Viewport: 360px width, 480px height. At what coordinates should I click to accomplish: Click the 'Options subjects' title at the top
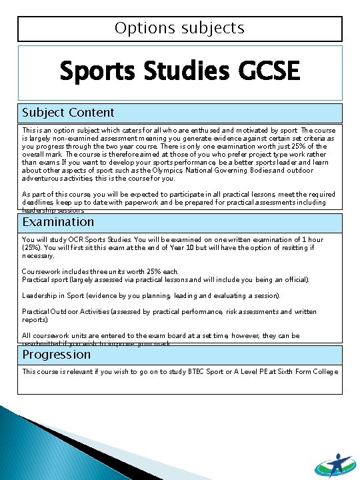click(179, 29)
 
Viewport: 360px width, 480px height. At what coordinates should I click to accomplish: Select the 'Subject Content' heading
click(68, 113)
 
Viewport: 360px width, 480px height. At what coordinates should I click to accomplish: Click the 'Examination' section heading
click(59, 222)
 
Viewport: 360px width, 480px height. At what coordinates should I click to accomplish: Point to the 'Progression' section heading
click(57, 354)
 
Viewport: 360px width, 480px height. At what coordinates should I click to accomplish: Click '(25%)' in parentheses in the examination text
click(31, 247)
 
